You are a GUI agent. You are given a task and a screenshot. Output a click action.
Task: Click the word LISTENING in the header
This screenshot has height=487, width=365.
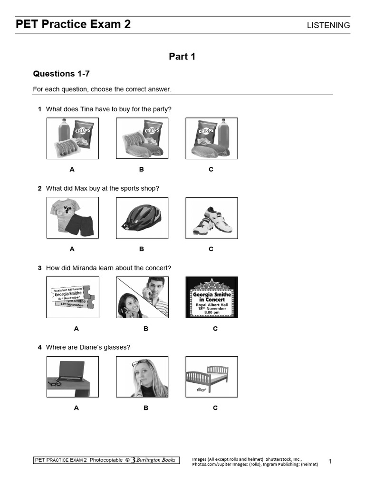tap(328, 25)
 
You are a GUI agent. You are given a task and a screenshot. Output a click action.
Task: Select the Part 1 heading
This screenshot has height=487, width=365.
tap(182, 57)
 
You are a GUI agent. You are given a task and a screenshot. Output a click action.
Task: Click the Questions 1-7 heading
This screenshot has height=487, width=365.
tap(61, 74)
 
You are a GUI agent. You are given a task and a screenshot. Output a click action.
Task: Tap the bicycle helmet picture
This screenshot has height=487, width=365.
tap(142, 218)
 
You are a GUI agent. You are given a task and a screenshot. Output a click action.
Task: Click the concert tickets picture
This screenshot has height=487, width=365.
tap(72, 297)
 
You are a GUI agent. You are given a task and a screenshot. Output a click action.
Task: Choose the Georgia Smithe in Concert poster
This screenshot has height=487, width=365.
tap(211, 297)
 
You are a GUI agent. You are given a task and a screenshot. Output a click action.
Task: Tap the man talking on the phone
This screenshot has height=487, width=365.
tap(155, 292)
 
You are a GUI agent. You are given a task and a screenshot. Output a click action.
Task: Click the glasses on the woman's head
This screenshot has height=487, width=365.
tap(141, 363)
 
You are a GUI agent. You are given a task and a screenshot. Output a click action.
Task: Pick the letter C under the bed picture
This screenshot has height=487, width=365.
tap(215, 408)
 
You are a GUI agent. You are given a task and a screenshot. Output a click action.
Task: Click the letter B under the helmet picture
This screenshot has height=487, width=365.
tap(142, 249)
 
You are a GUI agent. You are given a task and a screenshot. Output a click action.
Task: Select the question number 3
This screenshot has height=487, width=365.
tap(40, 268)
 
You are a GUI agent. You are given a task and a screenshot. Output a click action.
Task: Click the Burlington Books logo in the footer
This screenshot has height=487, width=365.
tap(154, 460)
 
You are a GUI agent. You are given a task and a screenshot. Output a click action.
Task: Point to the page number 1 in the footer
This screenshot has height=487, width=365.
tap(330, 461)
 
